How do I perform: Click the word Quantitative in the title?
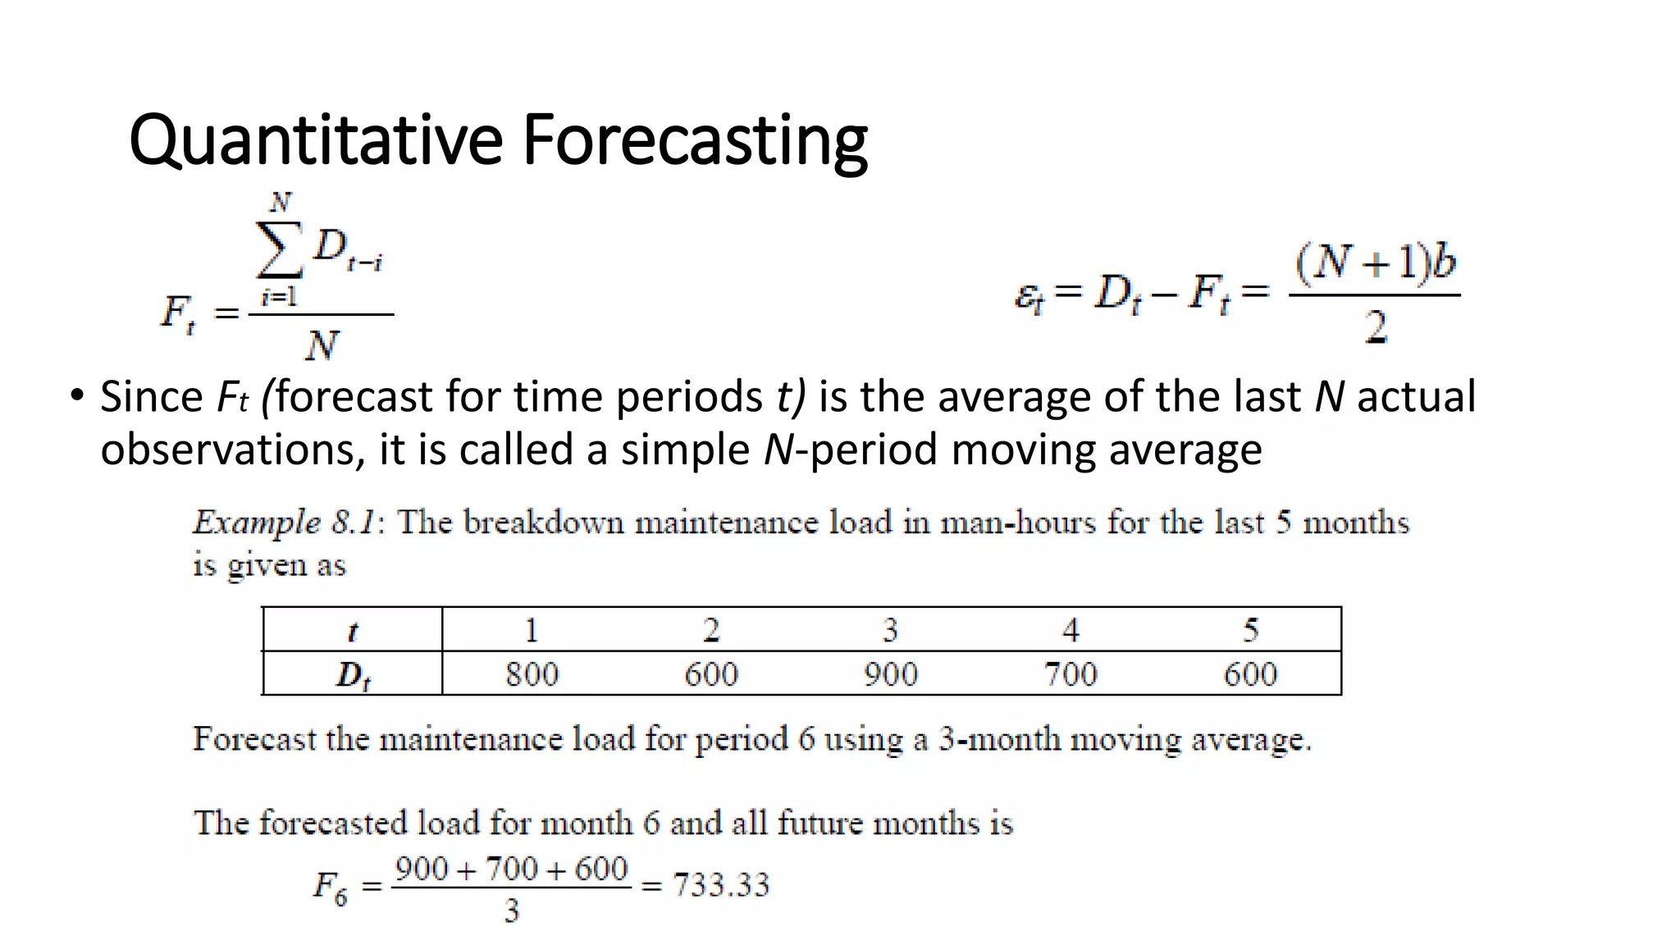click(x=315, y=141)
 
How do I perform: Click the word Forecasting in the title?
click(x=695, y=141)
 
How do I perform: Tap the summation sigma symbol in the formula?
click(x=279, y=250)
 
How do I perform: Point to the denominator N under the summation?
click(x=321, y=345)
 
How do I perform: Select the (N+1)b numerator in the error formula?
click(x=1376, y=263)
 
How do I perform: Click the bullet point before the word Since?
click(x=76, y=396)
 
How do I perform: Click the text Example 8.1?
click(x=284, y=523)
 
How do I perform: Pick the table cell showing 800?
click(x=532, y=674)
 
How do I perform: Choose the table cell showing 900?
click(x=890, y=674)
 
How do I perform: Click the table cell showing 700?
click(x=1070, y=674)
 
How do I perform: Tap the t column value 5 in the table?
click(x=1250, y=630)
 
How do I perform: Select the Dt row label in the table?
click(x=353, y=675)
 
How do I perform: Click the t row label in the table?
click(x=353, y=631)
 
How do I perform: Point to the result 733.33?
click(x=721, y=885)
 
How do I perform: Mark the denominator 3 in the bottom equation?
click(x=512, y=911)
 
